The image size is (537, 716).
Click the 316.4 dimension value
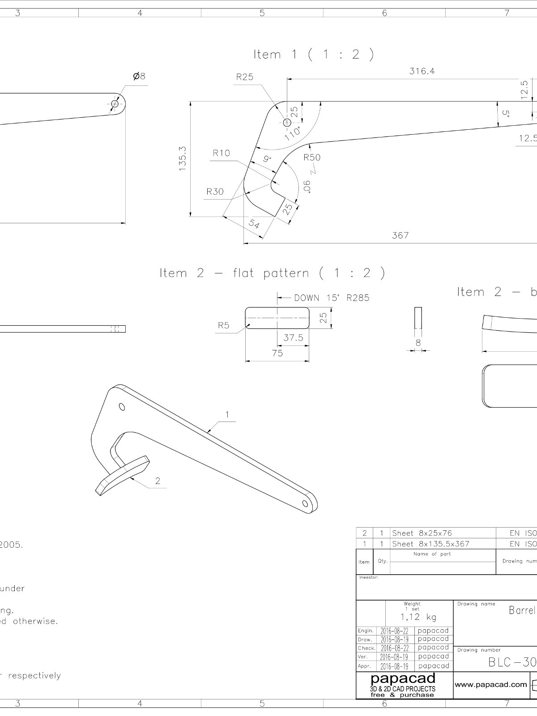pos(422,71)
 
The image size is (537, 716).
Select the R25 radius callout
pos(245,77)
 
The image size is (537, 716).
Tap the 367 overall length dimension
pos(400,235)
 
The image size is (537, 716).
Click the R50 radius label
pos(312,158)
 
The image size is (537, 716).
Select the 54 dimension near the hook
pos(254,224)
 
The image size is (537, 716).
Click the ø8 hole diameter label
pos(139,77)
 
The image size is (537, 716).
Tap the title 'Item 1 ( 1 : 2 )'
pos(314,55)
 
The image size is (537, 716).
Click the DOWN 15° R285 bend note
pos(332,298)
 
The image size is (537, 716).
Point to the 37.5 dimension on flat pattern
pos(293,338)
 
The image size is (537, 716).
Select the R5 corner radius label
pos(223,325)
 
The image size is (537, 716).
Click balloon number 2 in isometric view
pos(158,481)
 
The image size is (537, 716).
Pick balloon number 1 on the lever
pos(227,415)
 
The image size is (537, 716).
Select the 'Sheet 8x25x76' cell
pos(422,533)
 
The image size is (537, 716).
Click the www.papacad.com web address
pos(490,684)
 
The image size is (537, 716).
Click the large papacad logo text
pos(403,679)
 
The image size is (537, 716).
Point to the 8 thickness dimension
pos(418,343)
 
